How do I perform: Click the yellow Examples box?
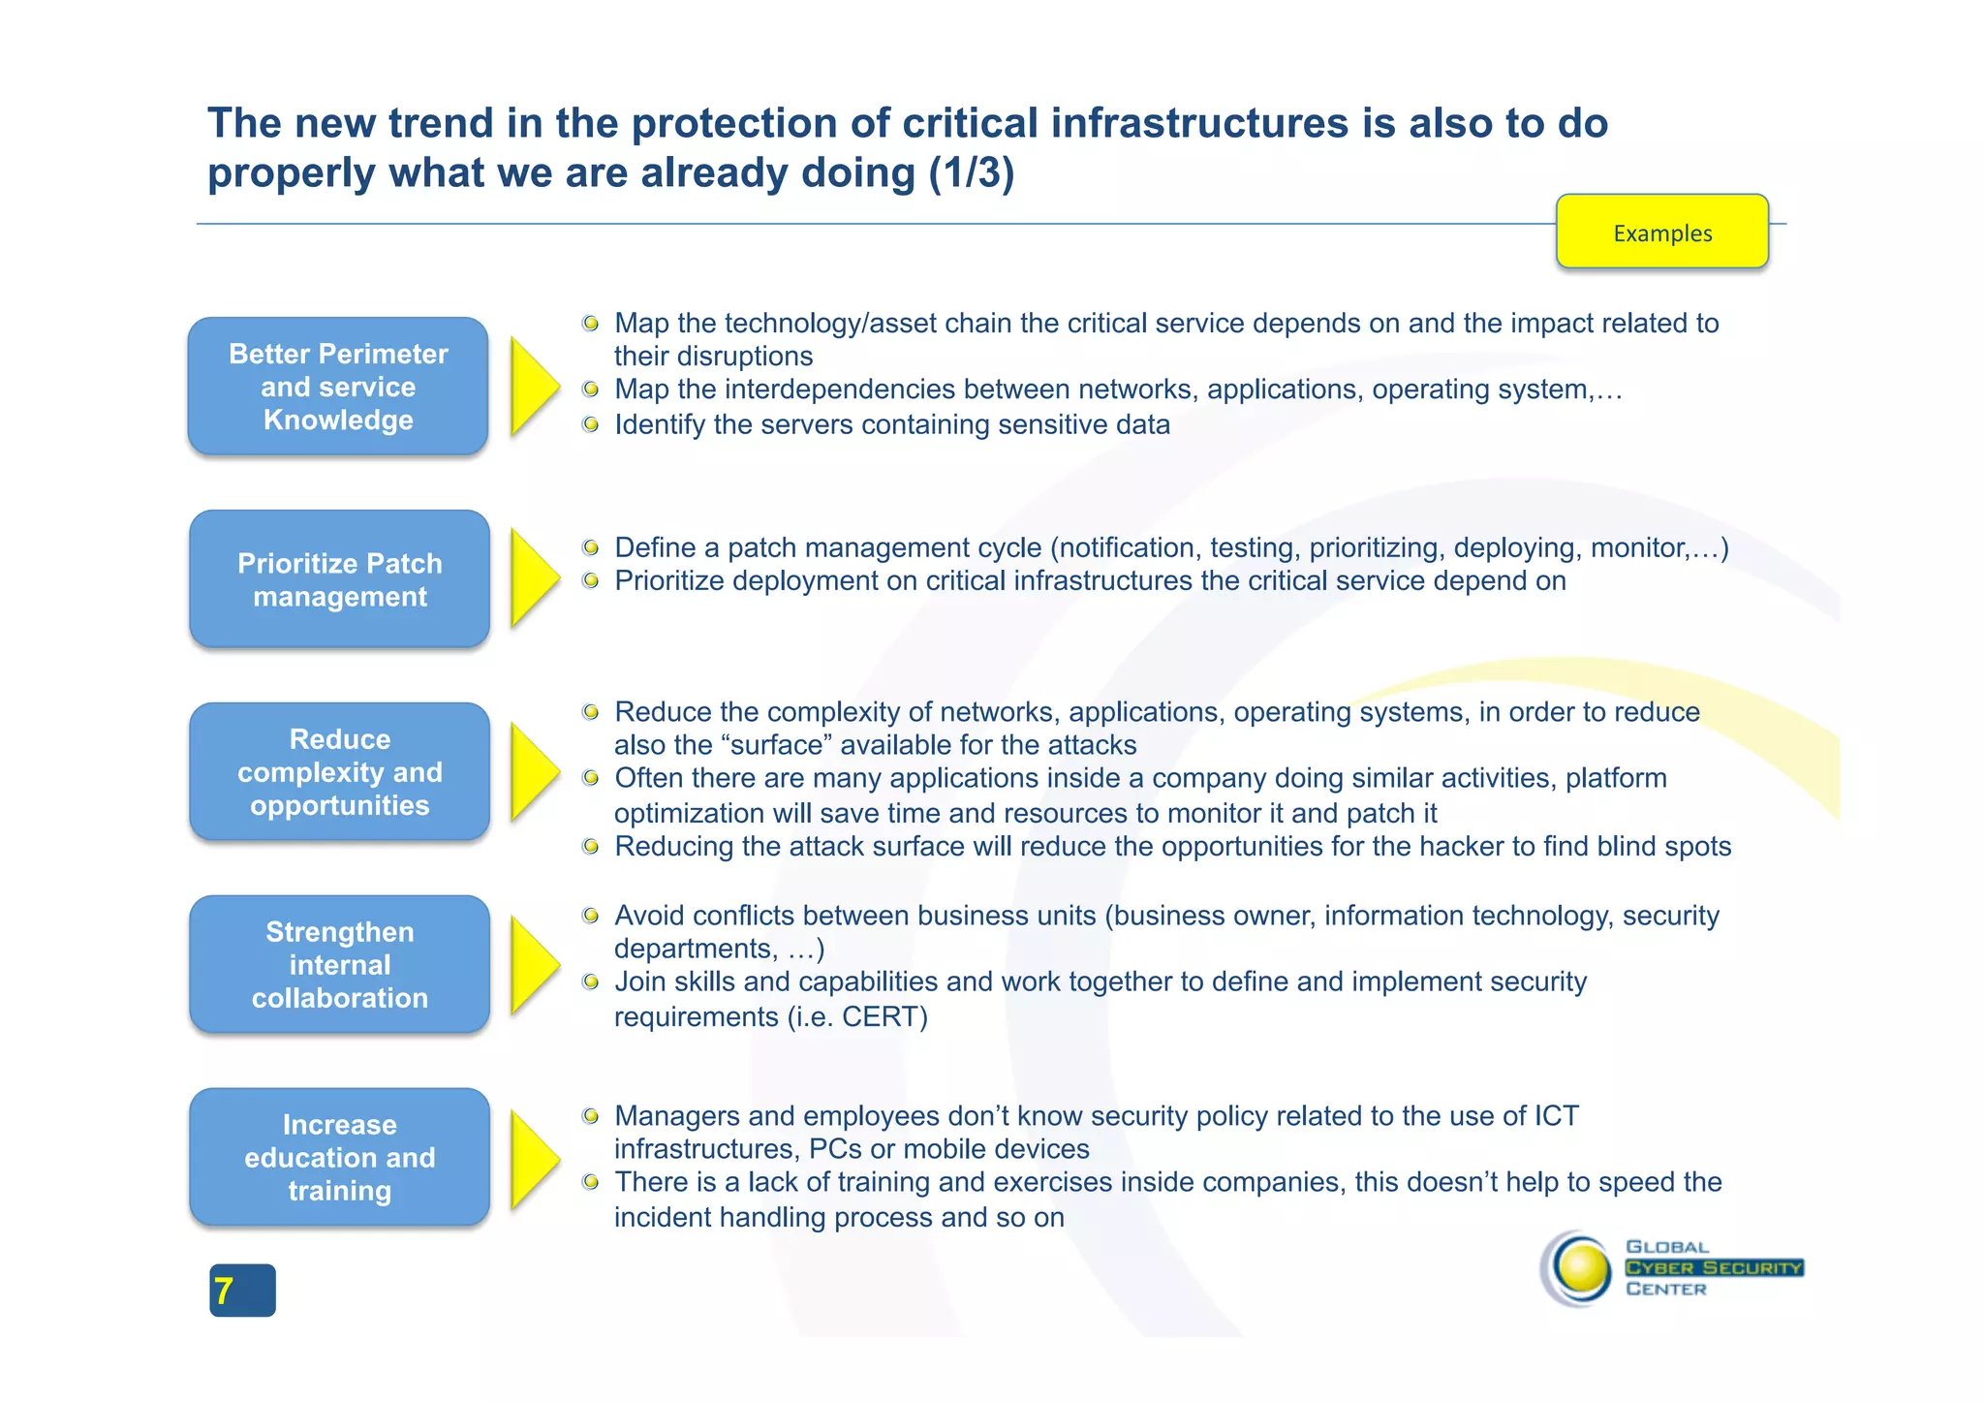coord(1661,232)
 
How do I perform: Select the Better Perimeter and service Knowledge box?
coord(338,387)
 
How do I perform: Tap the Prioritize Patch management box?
coord(339,579)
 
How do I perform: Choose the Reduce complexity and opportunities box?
coord(339,771)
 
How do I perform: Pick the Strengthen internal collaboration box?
coord(339,964)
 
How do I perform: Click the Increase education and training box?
coord(339,1157)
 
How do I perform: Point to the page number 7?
coord(225,1291)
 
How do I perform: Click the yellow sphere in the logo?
coord(1581,1268)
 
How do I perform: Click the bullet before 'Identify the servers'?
coord(590,424)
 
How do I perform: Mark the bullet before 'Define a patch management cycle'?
coord(590,547)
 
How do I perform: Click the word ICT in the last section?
coord(1556,1116)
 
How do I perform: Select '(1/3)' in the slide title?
coord(971,172)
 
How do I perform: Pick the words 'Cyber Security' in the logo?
coord(1713,1267)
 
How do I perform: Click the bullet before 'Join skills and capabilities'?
coord(590,982)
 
